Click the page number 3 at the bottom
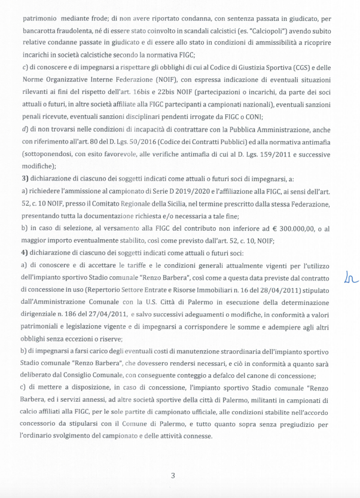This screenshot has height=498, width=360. point(173,475)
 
